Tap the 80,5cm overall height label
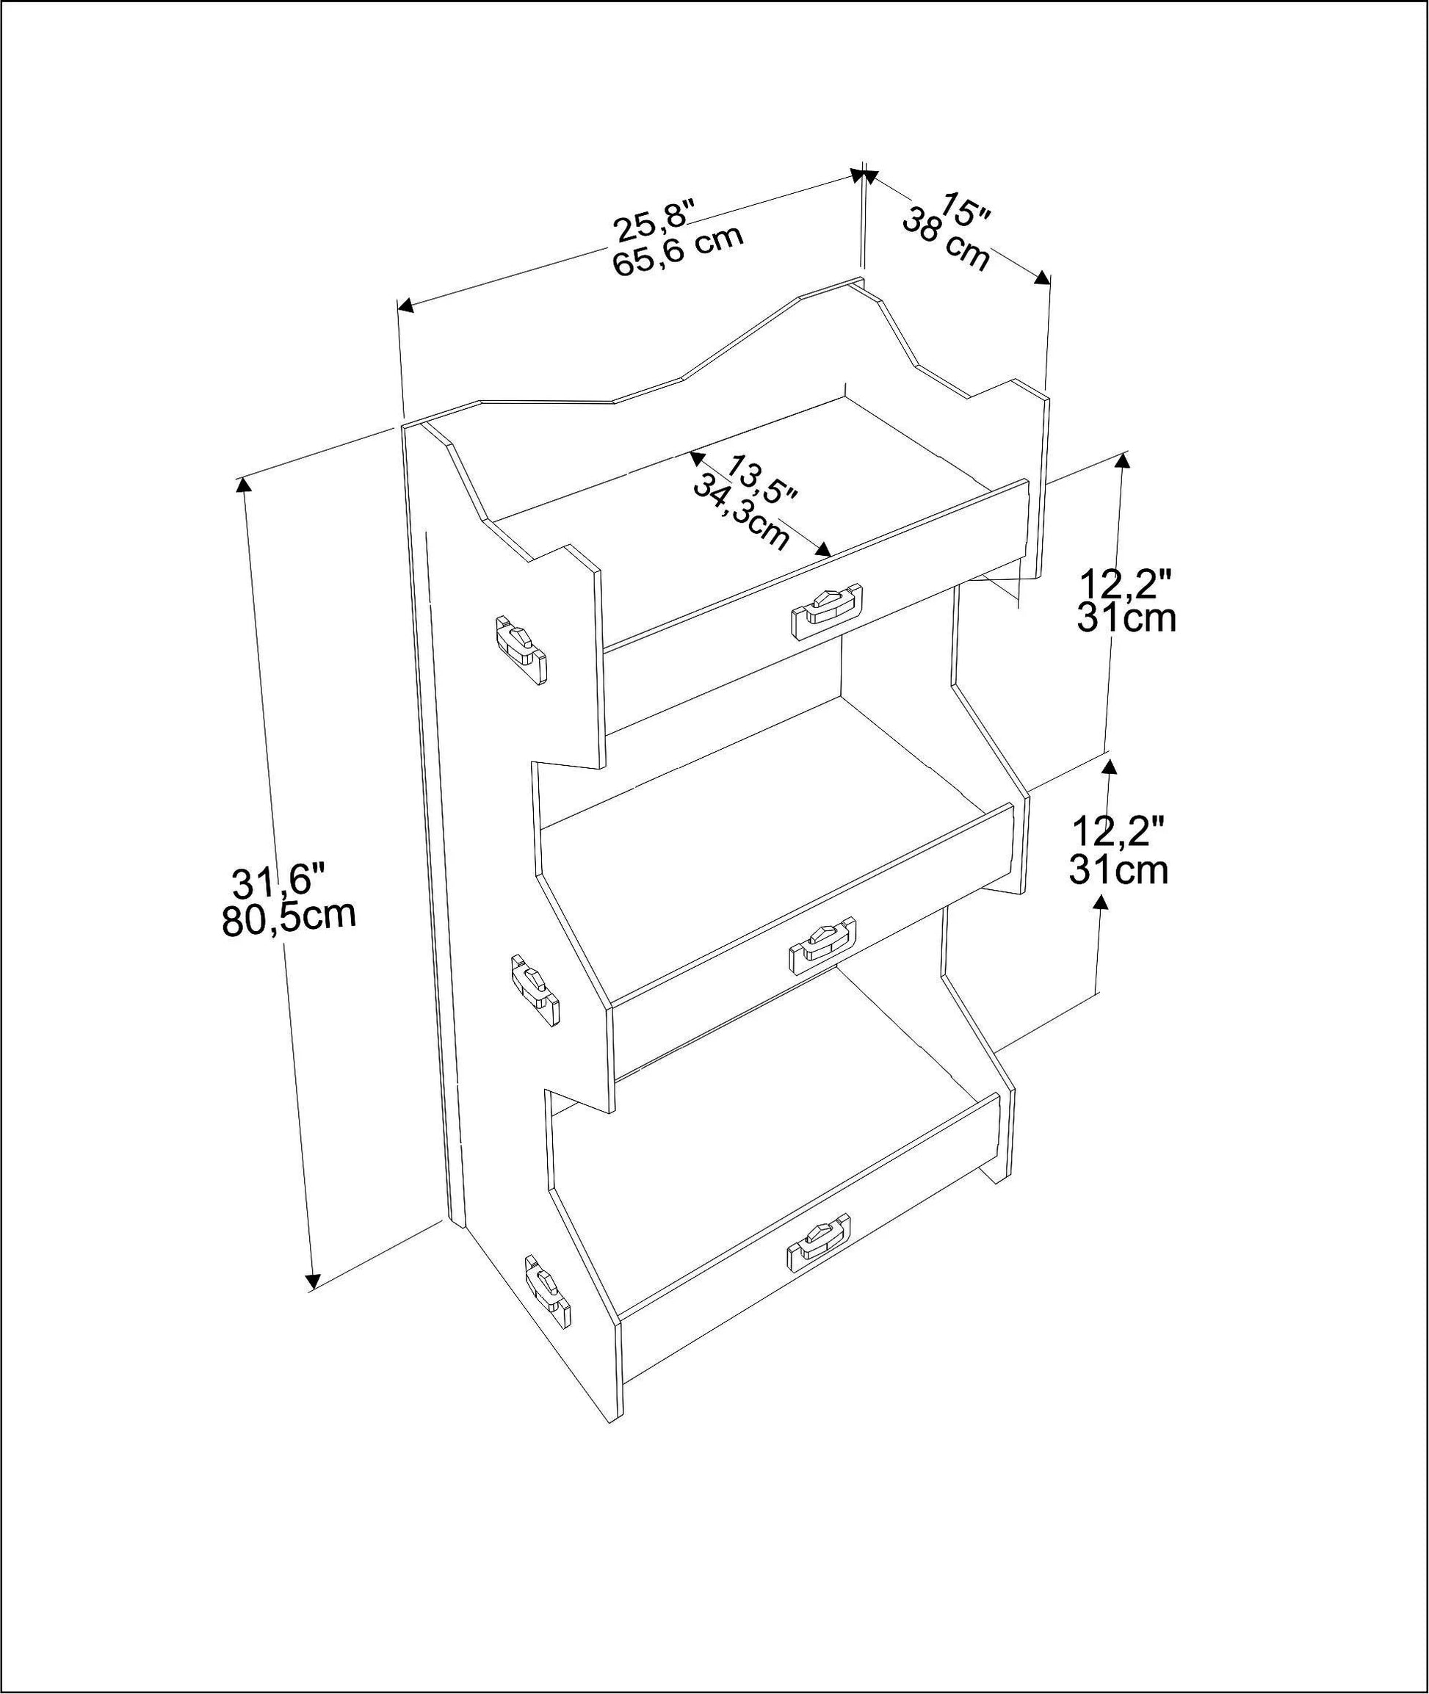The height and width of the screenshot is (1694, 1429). (289, 919)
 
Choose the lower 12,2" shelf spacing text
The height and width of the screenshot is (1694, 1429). (1118, 834)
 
